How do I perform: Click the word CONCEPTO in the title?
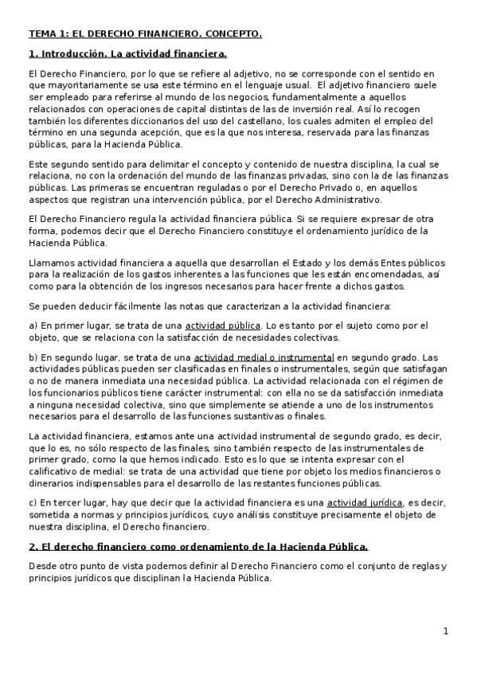[233, 34]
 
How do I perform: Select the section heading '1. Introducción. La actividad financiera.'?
[127, 54]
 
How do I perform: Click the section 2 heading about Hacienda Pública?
[198, 547]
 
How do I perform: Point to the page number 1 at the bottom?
[446, 631]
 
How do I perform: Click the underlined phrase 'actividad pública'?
[223, 326]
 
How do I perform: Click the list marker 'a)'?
[33, 326]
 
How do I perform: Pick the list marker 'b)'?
[33, 358]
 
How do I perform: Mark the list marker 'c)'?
[33, 503]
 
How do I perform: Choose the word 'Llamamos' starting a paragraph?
[49, 263]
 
